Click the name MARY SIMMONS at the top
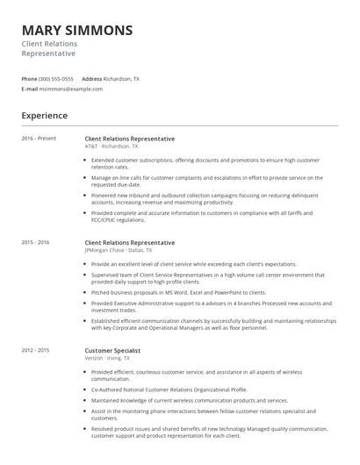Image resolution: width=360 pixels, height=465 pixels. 77,30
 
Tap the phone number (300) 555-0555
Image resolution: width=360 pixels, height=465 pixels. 56,79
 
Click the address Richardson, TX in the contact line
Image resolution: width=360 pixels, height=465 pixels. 121,79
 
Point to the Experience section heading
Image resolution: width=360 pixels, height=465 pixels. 45,115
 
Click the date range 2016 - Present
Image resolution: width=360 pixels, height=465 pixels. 39,139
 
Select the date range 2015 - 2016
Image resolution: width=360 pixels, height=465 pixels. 36,242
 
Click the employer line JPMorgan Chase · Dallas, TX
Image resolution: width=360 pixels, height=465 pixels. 119,250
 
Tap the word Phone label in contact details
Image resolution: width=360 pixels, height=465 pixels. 29,79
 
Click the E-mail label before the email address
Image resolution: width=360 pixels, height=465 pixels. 30,89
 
